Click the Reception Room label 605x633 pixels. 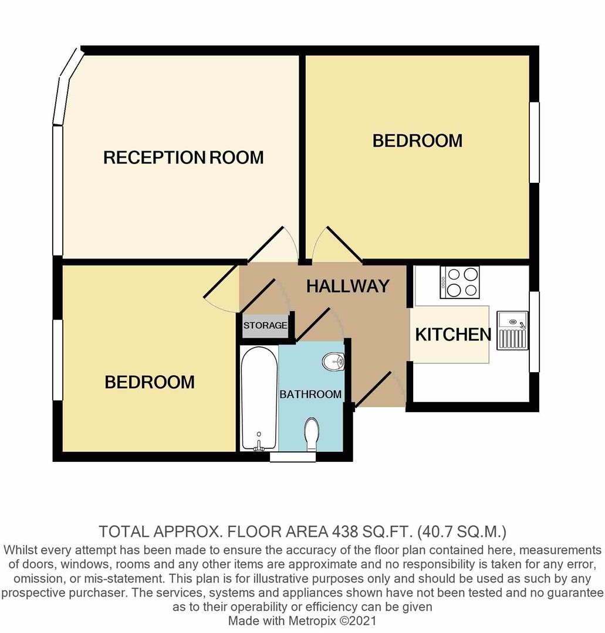click(184, 157)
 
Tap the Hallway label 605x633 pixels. click(348, 285)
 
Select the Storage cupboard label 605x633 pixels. click(265, 325)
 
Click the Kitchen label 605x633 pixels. click(453, 334)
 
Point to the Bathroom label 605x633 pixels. click(310, 394)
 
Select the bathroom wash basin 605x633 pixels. click(333, 361)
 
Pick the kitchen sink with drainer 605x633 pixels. click(512, 331)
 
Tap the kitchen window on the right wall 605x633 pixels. click(534, 331)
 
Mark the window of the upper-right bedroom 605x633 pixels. click(534, 142)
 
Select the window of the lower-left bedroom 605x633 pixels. click(58, 360)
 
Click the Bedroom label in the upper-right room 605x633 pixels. click(417, 141)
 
